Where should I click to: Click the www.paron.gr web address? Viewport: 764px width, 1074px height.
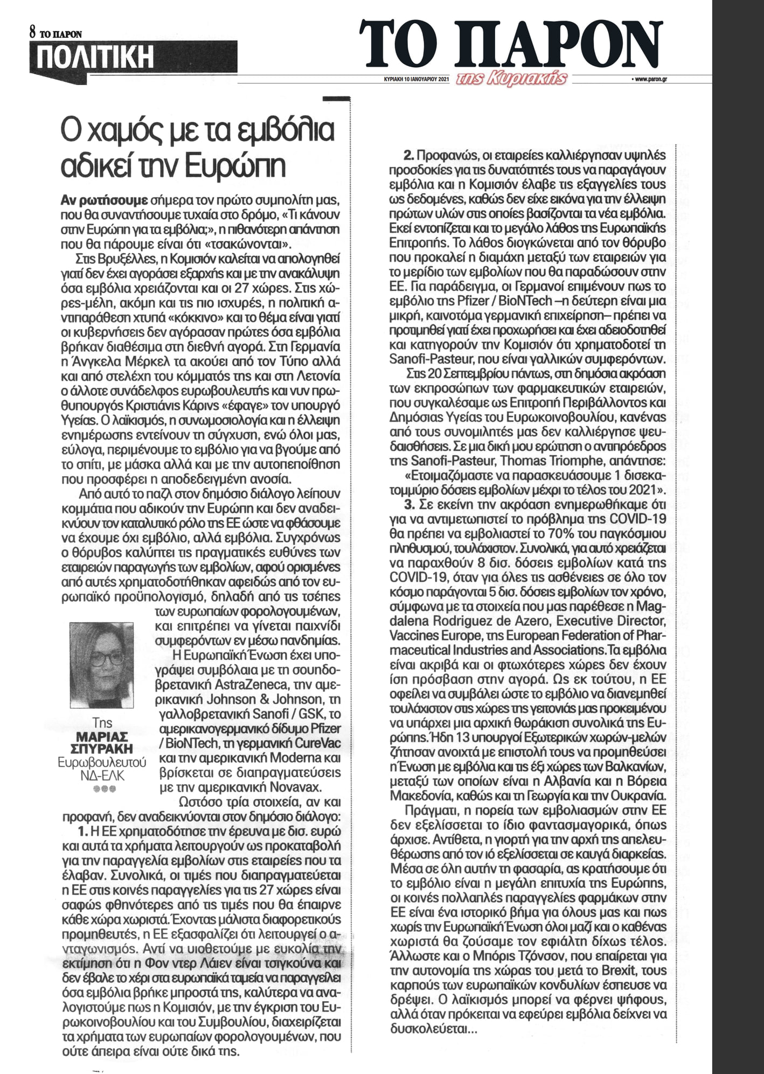tap(648, 79)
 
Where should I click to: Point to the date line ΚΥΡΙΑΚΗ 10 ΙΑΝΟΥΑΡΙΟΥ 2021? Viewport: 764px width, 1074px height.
tap(413, 79)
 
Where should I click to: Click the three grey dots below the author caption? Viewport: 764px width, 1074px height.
tap(101, 789)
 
